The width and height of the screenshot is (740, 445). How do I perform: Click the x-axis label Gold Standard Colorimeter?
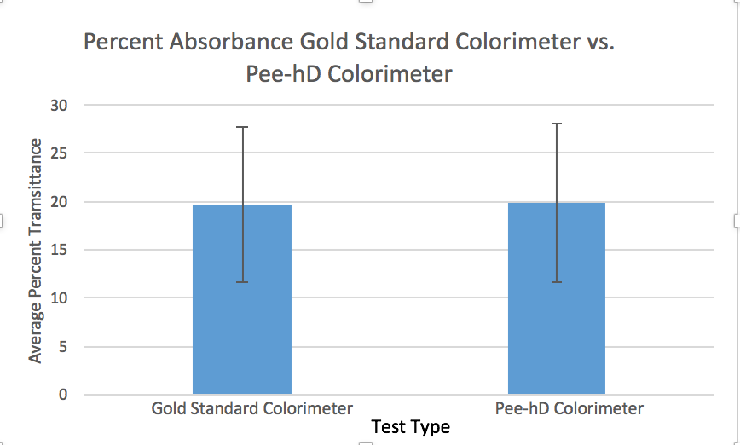coord(252,408)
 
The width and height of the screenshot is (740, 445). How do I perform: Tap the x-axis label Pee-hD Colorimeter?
coord(569,408)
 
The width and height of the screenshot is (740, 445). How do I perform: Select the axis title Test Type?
coord(410,426)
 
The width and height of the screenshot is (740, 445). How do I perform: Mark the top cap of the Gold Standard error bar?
coord(242,127)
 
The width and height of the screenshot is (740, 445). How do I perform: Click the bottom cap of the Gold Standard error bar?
coord(242,282)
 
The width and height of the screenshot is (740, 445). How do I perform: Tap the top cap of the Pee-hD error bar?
coord(557,124)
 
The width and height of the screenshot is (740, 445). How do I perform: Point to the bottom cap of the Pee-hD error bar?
coord(557,282)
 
